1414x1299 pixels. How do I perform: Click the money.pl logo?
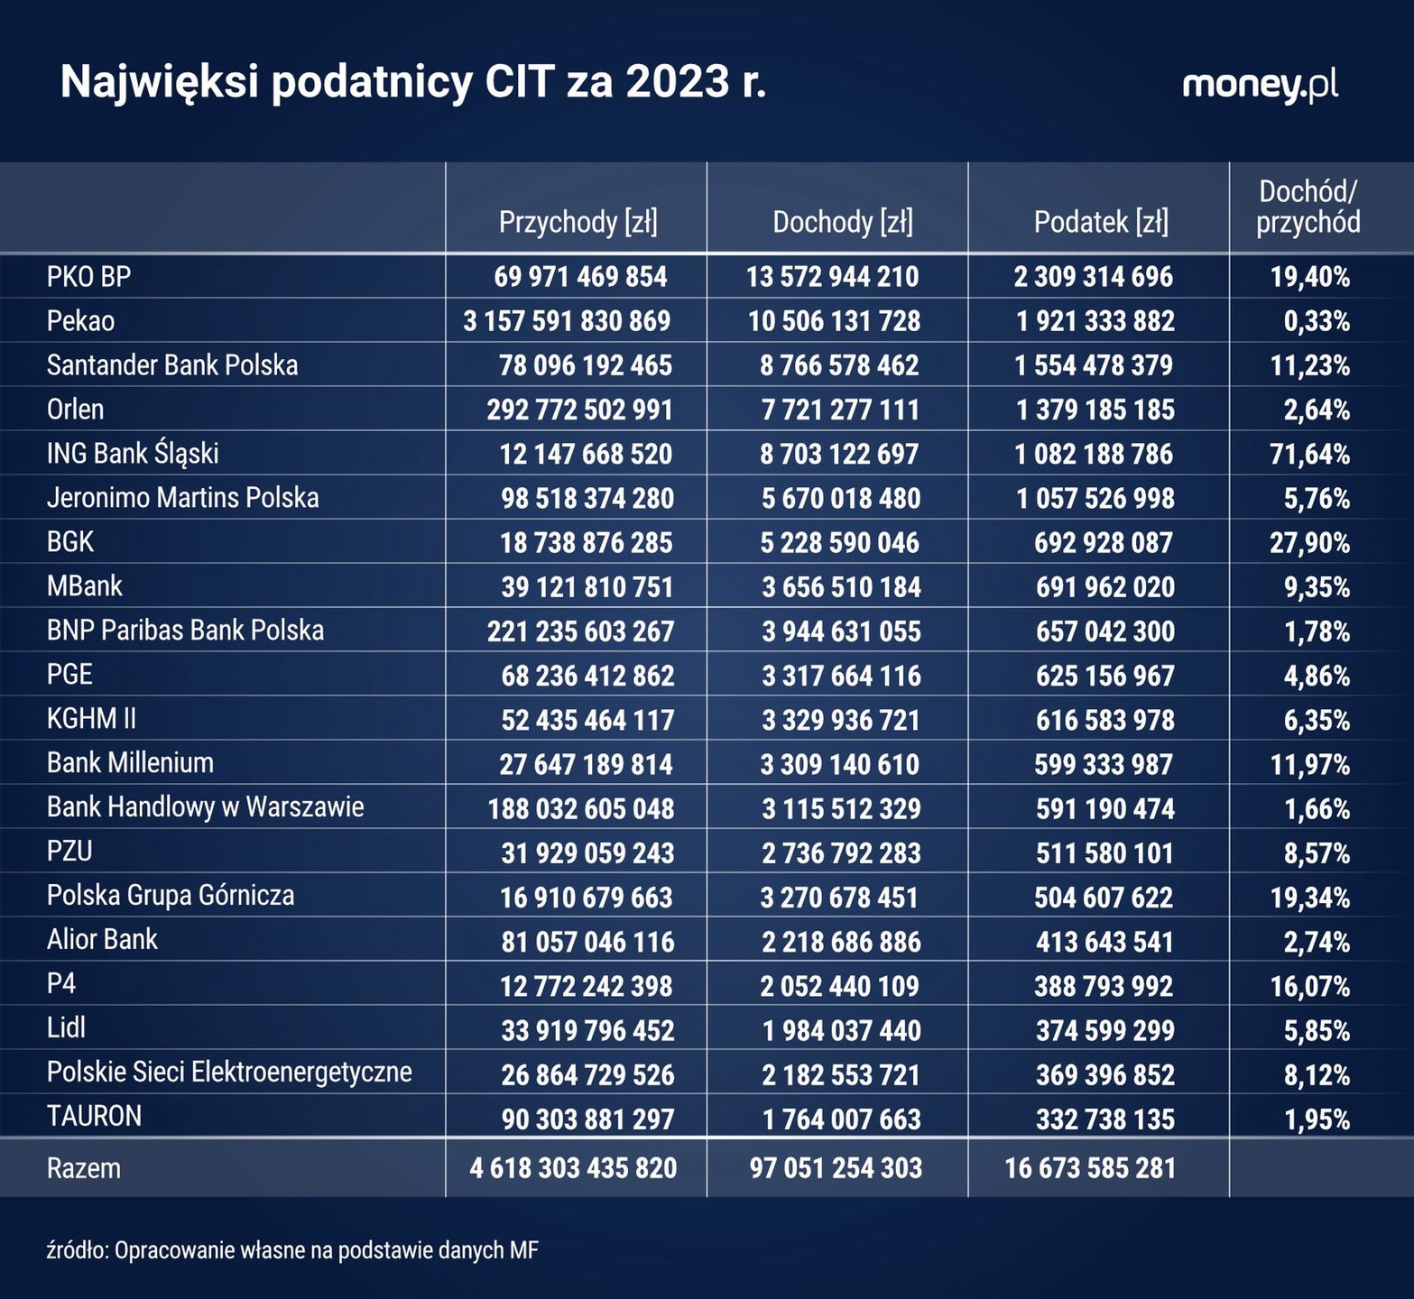(1260, 85)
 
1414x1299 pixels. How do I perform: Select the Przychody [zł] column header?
(578, 222)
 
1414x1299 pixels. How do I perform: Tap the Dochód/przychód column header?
(1308, 207)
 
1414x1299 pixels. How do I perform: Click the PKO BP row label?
(88, 276)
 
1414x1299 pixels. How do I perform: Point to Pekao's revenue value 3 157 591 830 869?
(567, 321)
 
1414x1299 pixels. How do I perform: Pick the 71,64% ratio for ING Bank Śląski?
(1309, 454)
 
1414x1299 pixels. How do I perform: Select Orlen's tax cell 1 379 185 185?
(1095, 410)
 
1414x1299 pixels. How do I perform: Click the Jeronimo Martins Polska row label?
(182, 498)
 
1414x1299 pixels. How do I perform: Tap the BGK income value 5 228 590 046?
(840, 542)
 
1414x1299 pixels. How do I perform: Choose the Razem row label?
(83, 1168)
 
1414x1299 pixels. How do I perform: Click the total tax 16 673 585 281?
(1090, 1168)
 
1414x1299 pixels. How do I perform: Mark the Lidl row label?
(66, 1027)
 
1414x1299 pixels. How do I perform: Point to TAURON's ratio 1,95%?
(1317, 1119)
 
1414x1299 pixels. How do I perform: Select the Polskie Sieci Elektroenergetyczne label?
(229, 1073)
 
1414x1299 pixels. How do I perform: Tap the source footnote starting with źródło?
(292, 1251)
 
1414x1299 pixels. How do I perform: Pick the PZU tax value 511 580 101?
(1104, 852)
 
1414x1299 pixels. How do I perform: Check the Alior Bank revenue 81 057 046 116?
(587, 942)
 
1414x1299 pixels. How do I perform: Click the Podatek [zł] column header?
(1101, 222)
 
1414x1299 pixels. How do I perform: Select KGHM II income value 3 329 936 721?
(841, 720)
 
